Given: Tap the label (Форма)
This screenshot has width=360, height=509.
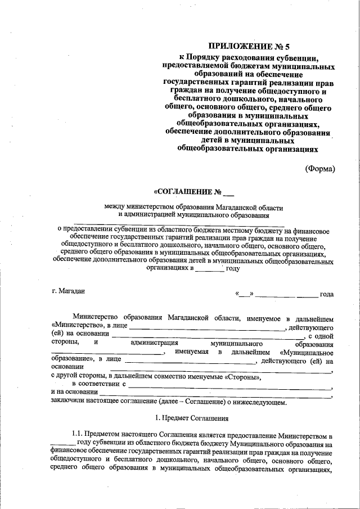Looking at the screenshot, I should click(x=319, y=168).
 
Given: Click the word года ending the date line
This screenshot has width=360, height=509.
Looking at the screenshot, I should click(x=327, y=294).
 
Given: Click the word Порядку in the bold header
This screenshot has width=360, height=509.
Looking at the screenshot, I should click(x=209, y=57).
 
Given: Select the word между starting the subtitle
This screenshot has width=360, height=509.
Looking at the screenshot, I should click(x=115, y=206).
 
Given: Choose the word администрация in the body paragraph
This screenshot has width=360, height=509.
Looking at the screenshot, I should click(x=154, y=344).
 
